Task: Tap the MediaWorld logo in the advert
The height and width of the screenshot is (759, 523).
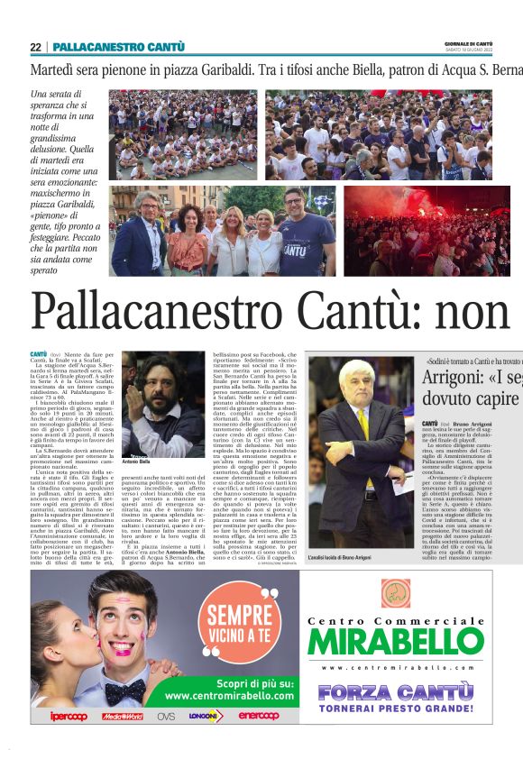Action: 122,716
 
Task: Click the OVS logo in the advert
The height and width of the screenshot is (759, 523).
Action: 166,716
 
